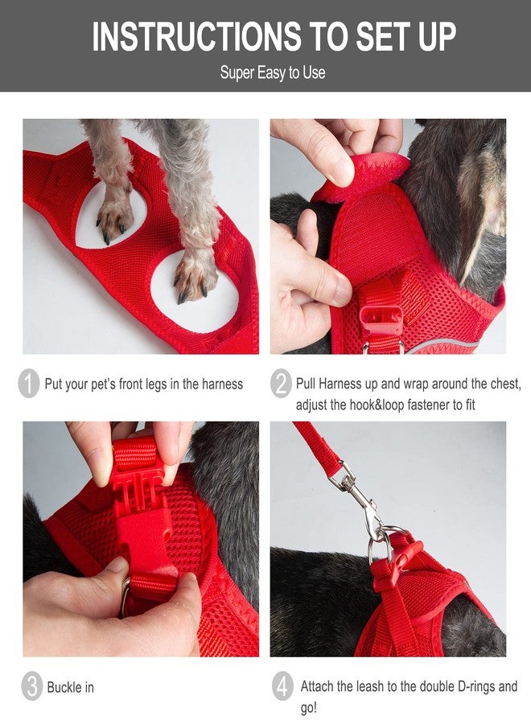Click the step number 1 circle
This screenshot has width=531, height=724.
click(x=29, y=384)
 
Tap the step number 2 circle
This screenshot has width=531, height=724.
click(x=282, y=384)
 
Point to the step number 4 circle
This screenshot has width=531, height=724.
click(x=282, y=687)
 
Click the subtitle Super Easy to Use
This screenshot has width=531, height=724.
click(x=273, y=72)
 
